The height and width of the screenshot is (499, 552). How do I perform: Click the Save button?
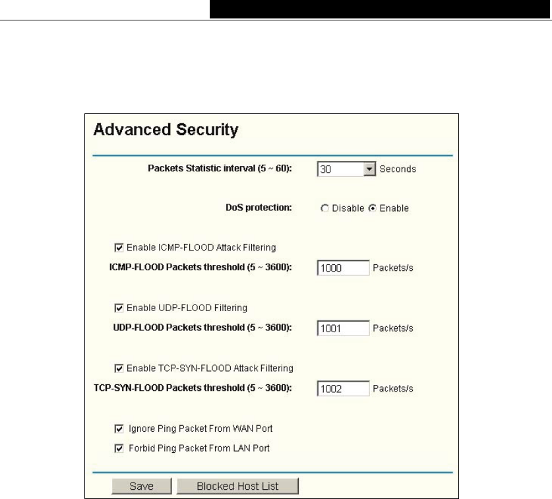click(x=140, y=486)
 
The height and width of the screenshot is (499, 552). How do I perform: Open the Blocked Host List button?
click(x=237, y=486)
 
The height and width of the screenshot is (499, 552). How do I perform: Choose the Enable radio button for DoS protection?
click(x=372, y=208)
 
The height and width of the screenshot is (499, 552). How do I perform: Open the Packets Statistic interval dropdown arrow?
click(x=370, y=169)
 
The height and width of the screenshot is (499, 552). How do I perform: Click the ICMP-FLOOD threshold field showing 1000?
click(x=342, y=268)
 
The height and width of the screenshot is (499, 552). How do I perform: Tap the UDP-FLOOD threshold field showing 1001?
click(x=342, y=328)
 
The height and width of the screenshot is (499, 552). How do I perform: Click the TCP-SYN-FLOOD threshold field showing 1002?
click(x=342, y=388)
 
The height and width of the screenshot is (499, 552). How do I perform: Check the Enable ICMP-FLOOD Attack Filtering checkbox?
click(x=119, y=248)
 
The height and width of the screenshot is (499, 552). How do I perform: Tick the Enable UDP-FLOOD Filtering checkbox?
click(x=119, y=307)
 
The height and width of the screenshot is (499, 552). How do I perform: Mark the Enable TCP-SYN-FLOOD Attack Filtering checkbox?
click(x=119, y=368)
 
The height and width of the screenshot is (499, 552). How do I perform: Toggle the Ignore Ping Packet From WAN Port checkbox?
click(x=119, y=428)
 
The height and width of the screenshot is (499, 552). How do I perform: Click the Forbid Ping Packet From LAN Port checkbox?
click(x=119, y=448)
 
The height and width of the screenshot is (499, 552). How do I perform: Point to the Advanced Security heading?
click(x=165, y=131)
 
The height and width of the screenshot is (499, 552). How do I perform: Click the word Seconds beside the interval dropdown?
click(x=398, y=169)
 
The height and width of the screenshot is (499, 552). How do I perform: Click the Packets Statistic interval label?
click(x=221, y=169)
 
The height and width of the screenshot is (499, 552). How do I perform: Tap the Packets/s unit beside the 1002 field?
click(x=393, y=388)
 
